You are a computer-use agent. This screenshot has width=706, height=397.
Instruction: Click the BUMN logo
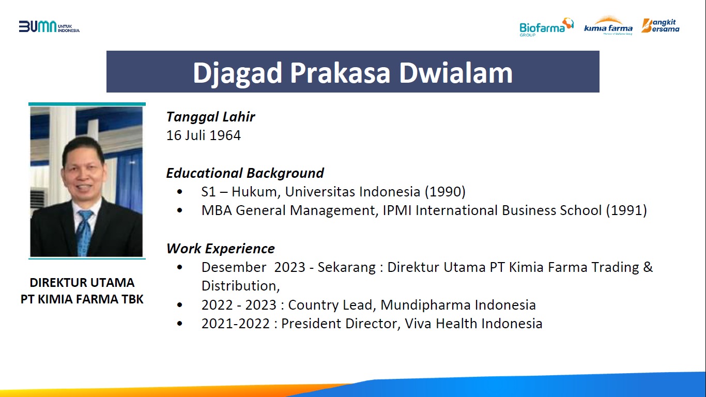click(x=49, y=27)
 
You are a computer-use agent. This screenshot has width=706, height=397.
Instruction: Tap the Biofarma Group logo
click(x=546, y=27)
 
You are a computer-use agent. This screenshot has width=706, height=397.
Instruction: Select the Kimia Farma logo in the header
click(x=608, y=25)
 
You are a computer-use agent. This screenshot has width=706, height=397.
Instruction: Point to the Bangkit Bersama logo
click(x=661, y=25)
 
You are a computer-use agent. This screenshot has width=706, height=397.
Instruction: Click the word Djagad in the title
click(x=237, y=73)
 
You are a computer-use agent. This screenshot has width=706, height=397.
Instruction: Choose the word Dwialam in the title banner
click(x=456, y=73)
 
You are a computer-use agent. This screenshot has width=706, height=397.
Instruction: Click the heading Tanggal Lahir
click(x=210, y=117)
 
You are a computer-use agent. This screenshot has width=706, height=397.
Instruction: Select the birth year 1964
click(x=225, y=135)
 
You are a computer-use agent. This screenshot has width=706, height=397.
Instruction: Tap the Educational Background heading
click(x=245, y=173)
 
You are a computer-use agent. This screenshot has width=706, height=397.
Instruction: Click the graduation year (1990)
click(x=445, y=192)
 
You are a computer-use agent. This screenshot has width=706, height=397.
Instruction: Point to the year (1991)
click(x=626, y=210)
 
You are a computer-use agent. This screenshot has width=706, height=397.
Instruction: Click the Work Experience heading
click(x=220, y=249)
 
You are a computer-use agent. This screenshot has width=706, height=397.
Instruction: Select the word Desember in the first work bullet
click(x=234, y=267)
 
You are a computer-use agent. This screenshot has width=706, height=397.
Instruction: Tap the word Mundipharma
click(x=426, y=305)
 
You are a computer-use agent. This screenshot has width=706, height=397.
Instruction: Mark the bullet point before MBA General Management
click(x=180, y=210)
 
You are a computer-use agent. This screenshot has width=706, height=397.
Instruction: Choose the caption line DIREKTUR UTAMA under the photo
click(x=82, y=283)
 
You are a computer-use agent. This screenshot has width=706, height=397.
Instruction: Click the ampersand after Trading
click(x=648, y=267)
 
